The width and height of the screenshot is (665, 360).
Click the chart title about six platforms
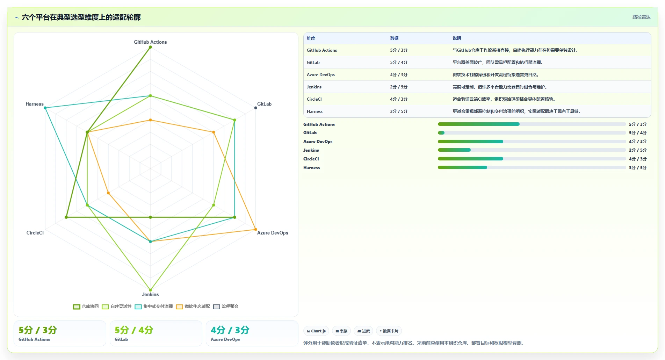81,17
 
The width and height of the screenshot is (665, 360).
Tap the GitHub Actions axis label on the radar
150,42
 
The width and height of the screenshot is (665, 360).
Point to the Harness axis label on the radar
35,104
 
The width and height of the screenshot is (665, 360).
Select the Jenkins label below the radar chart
150,294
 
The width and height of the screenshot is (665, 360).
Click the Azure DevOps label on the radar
273,233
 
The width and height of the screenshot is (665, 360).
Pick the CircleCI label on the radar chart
35,233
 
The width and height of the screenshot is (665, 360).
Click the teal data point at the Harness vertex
45,108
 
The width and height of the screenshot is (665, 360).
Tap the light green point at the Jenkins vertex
150,290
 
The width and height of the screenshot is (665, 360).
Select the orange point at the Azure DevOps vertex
255,229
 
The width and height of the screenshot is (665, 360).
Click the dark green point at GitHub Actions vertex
150,47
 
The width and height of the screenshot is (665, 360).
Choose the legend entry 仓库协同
86,307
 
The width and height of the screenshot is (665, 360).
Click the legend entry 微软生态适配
193,307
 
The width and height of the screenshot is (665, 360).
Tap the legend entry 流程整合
226,307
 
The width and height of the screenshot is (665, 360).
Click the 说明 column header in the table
457,38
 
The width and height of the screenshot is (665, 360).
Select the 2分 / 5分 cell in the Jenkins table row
399,87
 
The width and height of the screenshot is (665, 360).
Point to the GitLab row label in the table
313,63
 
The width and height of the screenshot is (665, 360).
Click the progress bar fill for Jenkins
454,150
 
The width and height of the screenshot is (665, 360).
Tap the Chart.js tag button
316,331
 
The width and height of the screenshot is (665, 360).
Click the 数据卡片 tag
389,331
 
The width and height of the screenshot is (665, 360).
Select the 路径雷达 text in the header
642,17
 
